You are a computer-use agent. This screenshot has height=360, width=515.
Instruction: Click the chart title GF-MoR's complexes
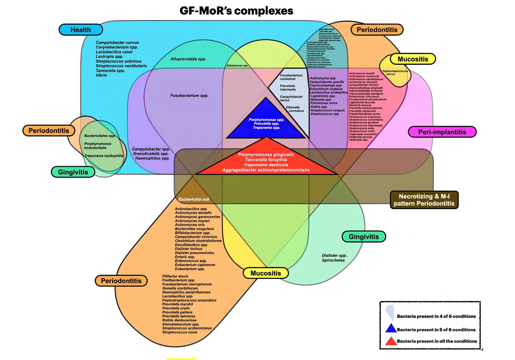pos(236,11)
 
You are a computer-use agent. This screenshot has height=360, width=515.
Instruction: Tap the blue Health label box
pos(81,30)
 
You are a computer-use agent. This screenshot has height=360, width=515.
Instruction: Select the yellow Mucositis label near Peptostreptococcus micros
pos(413,59)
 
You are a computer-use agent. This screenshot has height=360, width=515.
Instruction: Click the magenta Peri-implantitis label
pos(442,132)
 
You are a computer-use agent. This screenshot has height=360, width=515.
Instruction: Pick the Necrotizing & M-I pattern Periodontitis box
pos(424,200)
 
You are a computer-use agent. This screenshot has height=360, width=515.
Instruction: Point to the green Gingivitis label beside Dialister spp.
pos(363,237)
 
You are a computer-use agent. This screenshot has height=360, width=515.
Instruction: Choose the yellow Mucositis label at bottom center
pos(266,273)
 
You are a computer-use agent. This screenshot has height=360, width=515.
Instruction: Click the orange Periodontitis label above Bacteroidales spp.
pos(49,130)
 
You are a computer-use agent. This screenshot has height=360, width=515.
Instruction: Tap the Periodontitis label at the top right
pos(377,30)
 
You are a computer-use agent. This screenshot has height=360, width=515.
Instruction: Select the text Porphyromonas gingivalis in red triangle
pos(266,155)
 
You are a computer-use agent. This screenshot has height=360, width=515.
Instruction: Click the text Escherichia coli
pos(194,199)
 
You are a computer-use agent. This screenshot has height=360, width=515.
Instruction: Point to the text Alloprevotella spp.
pos(188,59)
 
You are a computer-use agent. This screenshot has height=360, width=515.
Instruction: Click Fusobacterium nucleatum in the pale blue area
pos(291,77)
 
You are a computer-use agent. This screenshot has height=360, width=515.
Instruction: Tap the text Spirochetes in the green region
pos(333,260)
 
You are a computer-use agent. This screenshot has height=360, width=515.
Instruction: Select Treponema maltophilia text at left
pos(104,156)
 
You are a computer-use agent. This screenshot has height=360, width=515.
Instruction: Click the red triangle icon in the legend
pos(391,341)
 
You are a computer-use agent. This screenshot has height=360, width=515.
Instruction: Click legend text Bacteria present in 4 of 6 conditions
pos(436,316)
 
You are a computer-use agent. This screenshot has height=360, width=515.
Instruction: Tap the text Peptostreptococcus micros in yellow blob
pos(395,72)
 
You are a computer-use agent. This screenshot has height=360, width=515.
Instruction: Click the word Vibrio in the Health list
pos(101,75)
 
